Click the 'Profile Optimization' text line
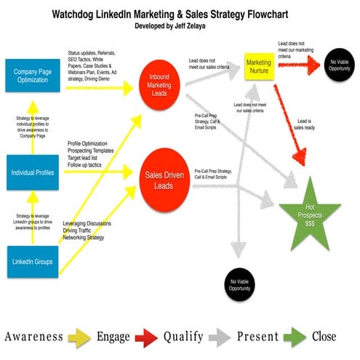(x=89, y=144)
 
